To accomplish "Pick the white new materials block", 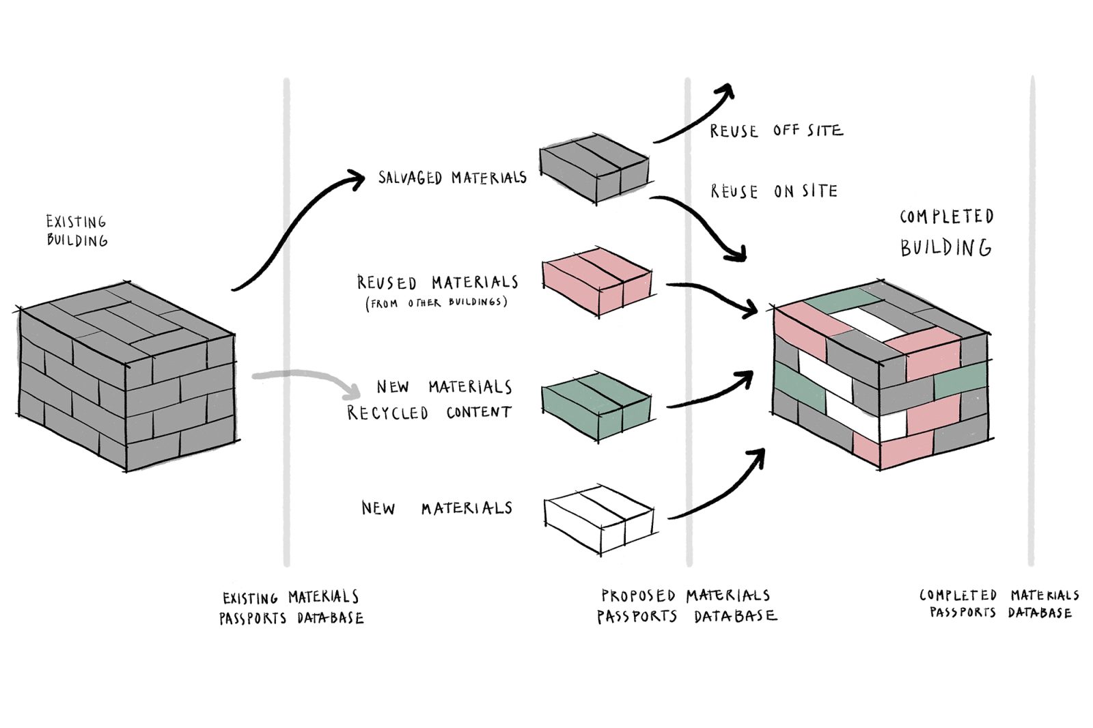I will (x=599, y=519).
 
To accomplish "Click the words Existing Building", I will (x=77, y=231).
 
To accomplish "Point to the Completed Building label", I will (x=946, y=232).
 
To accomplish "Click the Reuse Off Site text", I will (x=776, y=130).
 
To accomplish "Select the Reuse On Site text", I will (x=773, y=191).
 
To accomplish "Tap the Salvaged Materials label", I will (x=452, y=178).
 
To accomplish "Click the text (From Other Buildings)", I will (x=437, y=303).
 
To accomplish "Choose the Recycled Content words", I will (x=429, y=412).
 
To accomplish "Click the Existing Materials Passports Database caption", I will (x=291, y=608).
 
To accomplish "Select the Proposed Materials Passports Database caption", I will (x=687, y=606).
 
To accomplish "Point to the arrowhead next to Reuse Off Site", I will (x=726, y=92).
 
